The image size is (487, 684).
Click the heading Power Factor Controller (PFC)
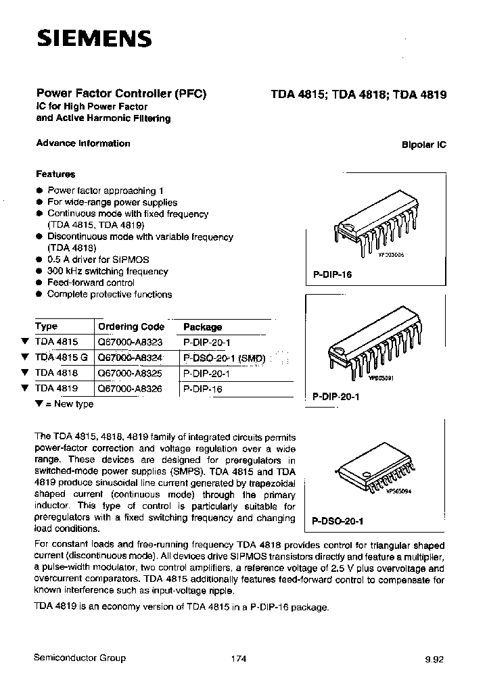pos(120,95)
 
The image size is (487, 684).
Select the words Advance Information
pos(83,143)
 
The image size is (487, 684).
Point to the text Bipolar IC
pos(424,145)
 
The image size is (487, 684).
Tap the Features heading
pos(55,174)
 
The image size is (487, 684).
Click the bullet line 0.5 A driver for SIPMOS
pos(98,260)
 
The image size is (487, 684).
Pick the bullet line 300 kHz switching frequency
pos(108,271)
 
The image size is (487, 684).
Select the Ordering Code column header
pos(131,326)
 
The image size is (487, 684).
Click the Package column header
pos(203,326)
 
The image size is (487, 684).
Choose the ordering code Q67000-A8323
pos(131,342)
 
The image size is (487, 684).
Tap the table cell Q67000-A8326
pos(131,389)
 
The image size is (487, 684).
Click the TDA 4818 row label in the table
pos(56,373)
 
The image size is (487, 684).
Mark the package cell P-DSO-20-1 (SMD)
pos(224,358)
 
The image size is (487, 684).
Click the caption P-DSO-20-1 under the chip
pos(337,521)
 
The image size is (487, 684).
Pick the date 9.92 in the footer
pos(436,659)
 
